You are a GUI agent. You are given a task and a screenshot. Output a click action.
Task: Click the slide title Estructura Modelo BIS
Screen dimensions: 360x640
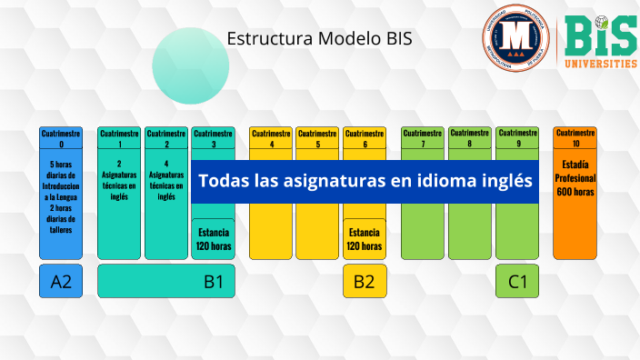[x=318, y=38]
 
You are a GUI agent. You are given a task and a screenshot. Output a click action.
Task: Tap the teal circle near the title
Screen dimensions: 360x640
[x=190, y=64]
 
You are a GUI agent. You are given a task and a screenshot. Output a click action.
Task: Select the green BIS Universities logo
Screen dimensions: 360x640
[x=601, y=42]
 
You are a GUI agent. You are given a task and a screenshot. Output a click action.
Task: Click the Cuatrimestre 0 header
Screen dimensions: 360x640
[x=61, y=138]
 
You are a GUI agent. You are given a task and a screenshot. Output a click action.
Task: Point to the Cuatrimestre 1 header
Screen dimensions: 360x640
[x=119, y=138]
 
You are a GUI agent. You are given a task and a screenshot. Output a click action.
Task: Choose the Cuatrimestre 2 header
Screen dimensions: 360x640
[x=166, y=138]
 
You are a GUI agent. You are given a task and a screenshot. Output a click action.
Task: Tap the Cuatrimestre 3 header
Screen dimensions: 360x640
[x=213, y=138]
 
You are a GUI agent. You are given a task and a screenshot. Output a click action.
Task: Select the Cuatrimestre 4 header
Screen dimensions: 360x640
[x=271, y=138]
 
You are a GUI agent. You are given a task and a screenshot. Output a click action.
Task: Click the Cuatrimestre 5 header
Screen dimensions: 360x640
[x=317, y=138]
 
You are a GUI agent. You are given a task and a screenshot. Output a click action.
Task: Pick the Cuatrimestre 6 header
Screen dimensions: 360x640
[x=365, y=138]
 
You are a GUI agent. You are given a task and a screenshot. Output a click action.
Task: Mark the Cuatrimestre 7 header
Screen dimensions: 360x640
[x=423, y=138]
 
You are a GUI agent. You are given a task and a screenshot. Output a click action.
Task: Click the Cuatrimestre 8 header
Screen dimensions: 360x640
[x=469, y=138]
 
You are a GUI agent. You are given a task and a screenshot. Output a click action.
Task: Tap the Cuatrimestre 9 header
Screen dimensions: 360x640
[x=516, y=138]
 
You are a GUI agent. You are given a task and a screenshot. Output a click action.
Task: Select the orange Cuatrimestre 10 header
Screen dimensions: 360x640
[x=575, y=138]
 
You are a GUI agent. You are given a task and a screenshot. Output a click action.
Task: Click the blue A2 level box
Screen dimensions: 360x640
[x=61, y=281]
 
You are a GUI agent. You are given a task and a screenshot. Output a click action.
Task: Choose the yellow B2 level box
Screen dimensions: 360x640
[x=365, y=281]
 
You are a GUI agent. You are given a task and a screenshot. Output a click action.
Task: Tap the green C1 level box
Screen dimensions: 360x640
[x=517, y=281]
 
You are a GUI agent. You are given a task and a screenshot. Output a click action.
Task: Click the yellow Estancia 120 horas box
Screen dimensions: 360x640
[x=365, y=239]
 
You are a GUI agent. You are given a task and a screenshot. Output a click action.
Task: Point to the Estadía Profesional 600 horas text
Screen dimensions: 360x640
[x=575, y=179]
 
